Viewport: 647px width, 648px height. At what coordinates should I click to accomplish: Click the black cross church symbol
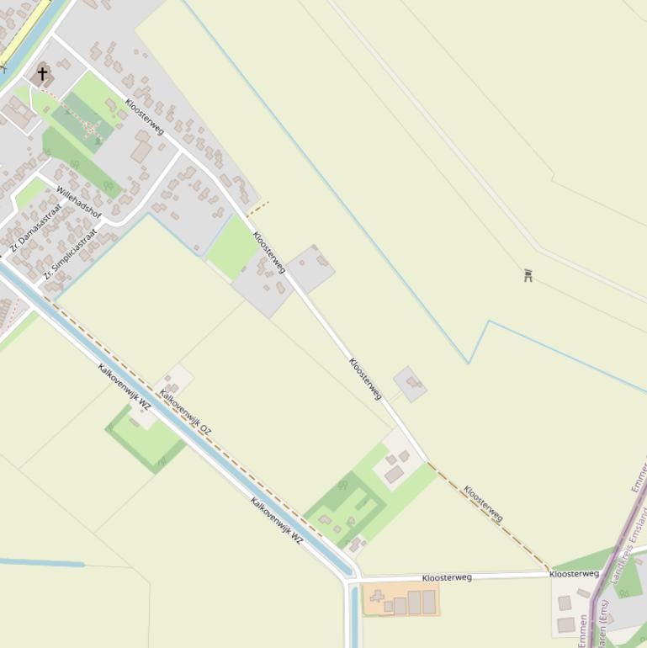(42, 74)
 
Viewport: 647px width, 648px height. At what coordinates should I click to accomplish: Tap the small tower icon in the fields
(528, 274)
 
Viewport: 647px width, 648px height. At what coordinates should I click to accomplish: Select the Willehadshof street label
(79, 202)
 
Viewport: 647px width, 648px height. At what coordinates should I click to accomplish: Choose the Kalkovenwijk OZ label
(186, 412)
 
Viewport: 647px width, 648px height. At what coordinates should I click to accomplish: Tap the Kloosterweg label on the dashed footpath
(483, 503)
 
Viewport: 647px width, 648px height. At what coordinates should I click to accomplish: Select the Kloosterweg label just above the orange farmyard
(447, 578)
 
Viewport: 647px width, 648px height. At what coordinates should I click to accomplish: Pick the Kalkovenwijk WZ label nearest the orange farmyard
(276, 521)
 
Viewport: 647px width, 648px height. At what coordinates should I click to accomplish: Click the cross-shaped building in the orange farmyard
(378, 601)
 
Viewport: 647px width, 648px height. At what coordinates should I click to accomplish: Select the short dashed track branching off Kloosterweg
(258, 207)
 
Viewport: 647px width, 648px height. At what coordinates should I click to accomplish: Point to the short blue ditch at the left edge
(42, 562)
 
